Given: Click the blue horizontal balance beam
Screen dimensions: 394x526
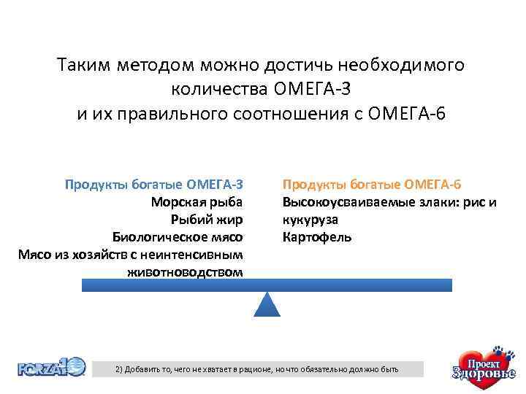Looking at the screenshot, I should pos(267,285).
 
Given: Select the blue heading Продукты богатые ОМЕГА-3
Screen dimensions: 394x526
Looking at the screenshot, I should pos(153,183).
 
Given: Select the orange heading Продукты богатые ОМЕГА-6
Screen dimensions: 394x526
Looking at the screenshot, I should pos(372,183).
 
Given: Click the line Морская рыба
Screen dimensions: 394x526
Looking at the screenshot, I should pos(197,201).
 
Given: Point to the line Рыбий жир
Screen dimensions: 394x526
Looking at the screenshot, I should pos(206,219).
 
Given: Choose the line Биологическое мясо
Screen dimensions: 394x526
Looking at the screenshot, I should pos(177,237).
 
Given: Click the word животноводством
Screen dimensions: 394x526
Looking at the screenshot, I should pos(184,272).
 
